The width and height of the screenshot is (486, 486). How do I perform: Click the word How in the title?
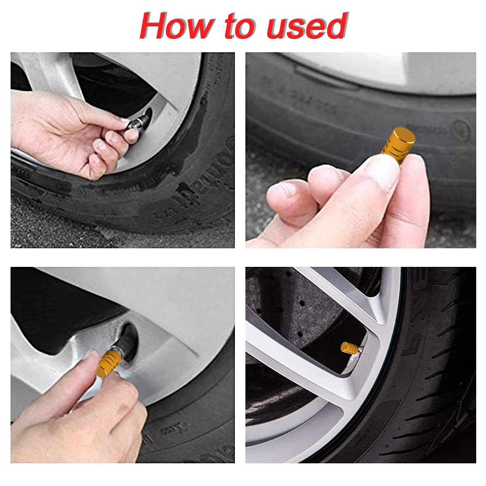(176, 26)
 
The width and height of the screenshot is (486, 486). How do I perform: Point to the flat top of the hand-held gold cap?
(405, 135)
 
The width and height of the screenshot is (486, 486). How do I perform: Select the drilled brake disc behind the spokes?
(283, 308)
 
